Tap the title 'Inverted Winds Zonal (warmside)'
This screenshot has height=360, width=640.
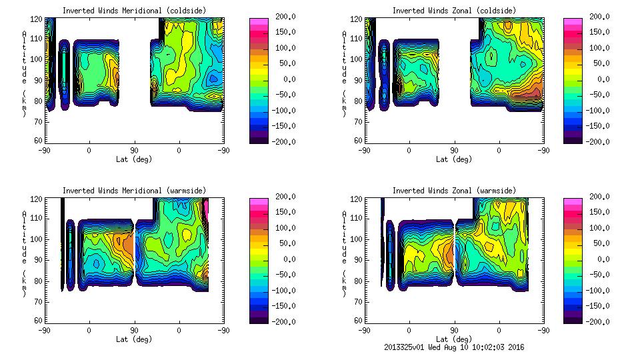[454, 191]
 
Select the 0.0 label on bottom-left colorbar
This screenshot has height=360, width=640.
[285, 259]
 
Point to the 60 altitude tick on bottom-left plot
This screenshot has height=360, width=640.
[37, 320]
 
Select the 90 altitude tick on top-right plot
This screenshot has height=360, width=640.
[357, 80]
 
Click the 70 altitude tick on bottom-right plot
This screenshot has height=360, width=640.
[357, 301]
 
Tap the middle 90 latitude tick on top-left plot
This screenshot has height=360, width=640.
[134, 151]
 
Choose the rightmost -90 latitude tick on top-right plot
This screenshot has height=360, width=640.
[543, 151]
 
